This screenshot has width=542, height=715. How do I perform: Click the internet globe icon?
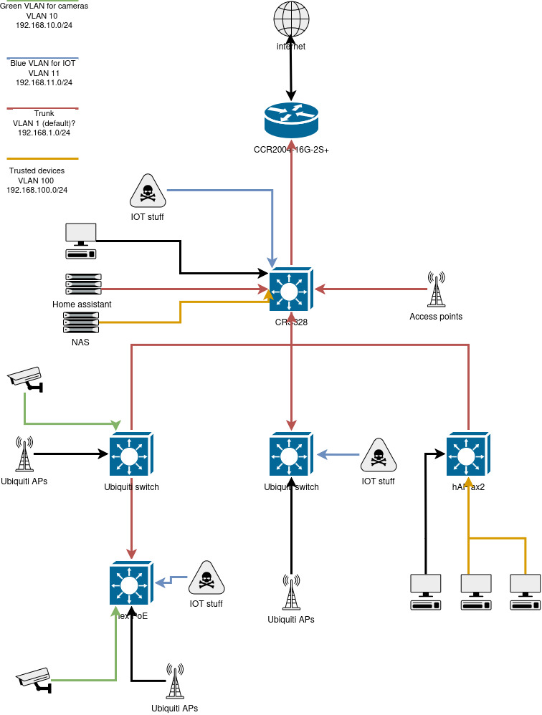click(x=291, y=21)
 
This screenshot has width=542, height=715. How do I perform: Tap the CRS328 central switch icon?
click(x=291, y=291)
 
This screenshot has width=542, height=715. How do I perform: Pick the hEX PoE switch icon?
click(x=130, y=585)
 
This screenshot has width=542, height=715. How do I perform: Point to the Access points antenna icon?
click(x=435, y=289)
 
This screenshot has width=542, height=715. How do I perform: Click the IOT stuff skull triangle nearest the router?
click(x=147, y=192)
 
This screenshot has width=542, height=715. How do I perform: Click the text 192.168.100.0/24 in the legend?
click(x=37, y=190)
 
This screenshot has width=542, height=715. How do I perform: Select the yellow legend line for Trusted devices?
click(x=42, y=158)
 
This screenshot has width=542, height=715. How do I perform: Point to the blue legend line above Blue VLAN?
click(x=42, y=57)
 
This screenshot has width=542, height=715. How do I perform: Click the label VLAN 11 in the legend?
click(x=43, y=73)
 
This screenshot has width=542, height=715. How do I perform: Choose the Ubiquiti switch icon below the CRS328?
click(x=291, y=454)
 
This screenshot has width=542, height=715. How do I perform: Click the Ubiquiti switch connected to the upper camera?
click(x=130, y=454)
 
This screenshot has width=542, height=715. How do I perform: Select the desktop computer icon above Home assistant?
click(x=80, y=240)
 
